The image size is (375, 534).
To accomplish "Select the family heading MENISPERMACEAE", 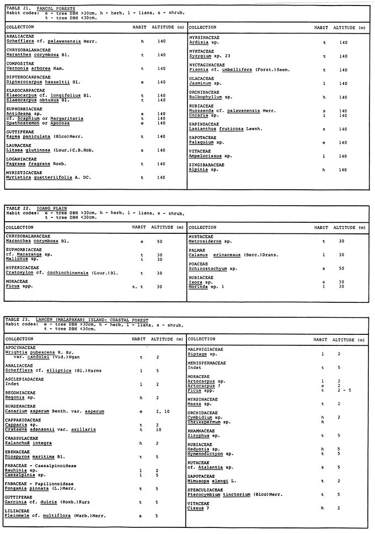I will tap(209, 364).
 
